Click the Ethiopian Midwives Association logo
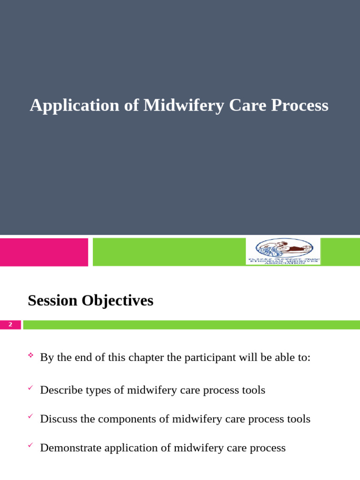283,251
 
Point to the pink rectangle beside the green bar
44,252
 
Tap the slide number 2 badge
10,325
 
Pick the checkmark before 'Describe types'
31,389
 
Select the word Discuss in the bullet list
58,419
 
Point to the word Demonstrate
71,448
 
